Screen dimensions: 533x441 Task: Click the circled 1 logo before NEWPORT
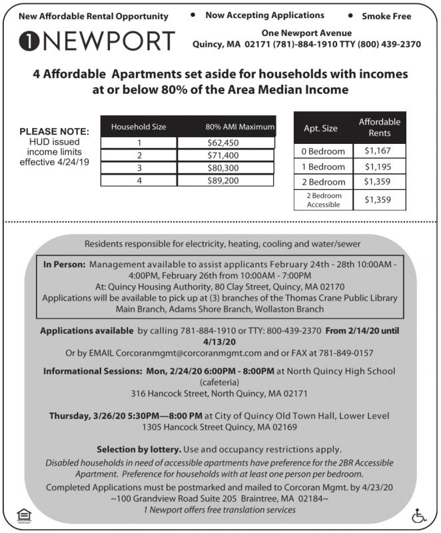(x=29, y=41)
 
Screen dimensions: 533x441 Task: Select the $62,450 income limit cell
(x=223, y=143)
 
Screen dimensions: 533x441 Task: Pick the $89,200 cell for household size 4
(x=223, y=180)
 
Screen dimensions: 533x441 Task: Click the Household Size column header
(x=139, y=127)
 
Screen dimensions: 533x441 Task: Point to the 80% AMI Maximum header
(x=240, y=127)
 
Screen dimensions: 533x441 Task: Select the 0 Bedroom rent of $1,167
(x=378, y=151)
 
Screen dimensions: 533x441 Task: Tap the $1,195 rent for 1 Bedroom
(x=378, y=167)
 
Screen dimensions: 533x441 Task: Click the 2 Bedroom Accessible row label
(x=324, y=201)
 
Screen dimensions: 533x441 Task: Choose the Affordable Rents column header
(x=379, y=127)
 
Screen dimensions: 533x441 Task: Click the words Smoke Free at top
(x=386, y=16)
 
